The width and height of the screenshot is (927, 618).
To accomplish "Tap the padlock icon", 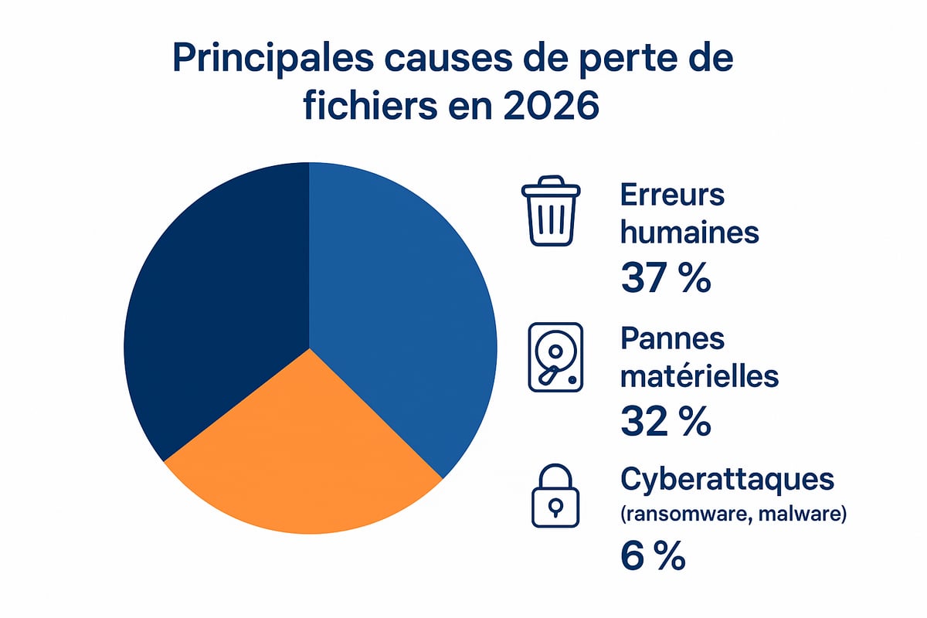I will pos(555,497).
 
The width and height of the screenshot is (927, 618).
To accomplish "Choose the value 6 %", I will pos(653,556).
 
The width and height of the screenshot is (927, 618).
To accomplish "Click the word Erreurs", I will pos(672,195).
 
